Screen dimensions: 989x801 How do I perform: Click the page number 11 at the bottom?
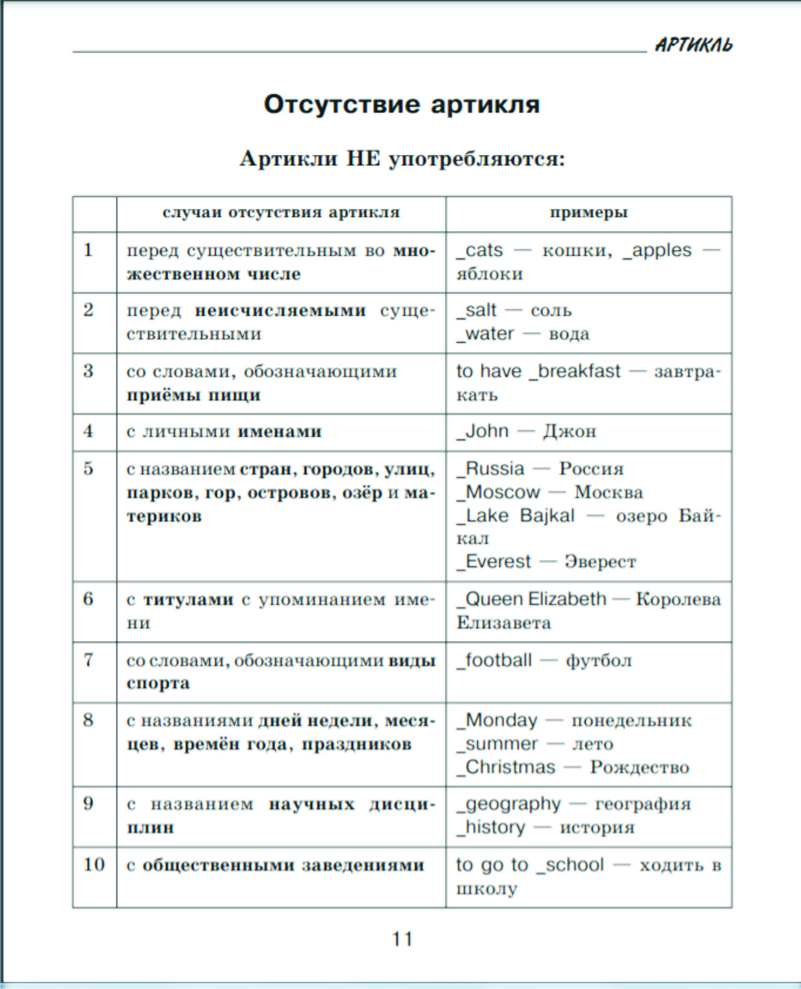402,939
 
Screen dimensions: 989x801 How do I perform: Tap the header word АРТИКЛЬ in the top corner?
693,45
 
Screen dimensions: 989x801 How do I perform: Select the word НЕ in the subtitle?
363,158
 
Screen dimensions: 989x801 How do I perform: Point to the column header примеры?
588,213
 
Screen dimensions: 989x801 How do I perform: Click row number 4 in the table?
88,430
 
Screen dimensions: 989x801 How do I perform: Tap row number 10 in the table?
94,864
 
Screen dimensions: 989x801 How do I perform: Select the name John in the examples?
486,430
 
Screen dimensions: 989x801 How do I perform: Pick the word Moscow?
503,492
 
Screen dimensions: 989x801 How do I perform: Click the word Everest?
498,561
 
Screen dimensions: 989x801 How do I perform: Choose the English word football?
498,660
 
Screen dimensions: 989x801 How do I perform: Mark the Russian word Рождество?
639,767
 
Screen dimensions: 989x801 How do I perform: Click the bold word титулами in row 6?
188,600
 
